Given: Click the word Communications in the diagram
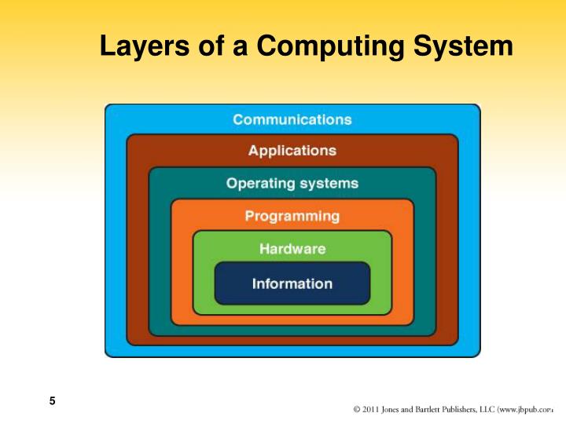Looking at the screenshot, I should tap(292, 120).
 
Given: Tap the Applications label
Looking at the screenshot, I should tap(292, 150).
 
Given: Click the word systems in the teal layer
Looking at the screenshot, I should tap(327, 184).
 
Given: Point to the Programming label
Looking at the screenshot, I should tap(292, 216).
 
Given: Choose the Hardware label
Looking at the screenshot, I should tap(292, 249).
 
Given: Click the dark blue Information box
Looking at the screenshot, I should tap(292, 283).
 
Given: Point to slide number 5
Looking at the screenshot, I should tap(52, 402).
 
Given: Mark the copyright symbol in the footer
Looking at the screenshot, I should tap(358, 408).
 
